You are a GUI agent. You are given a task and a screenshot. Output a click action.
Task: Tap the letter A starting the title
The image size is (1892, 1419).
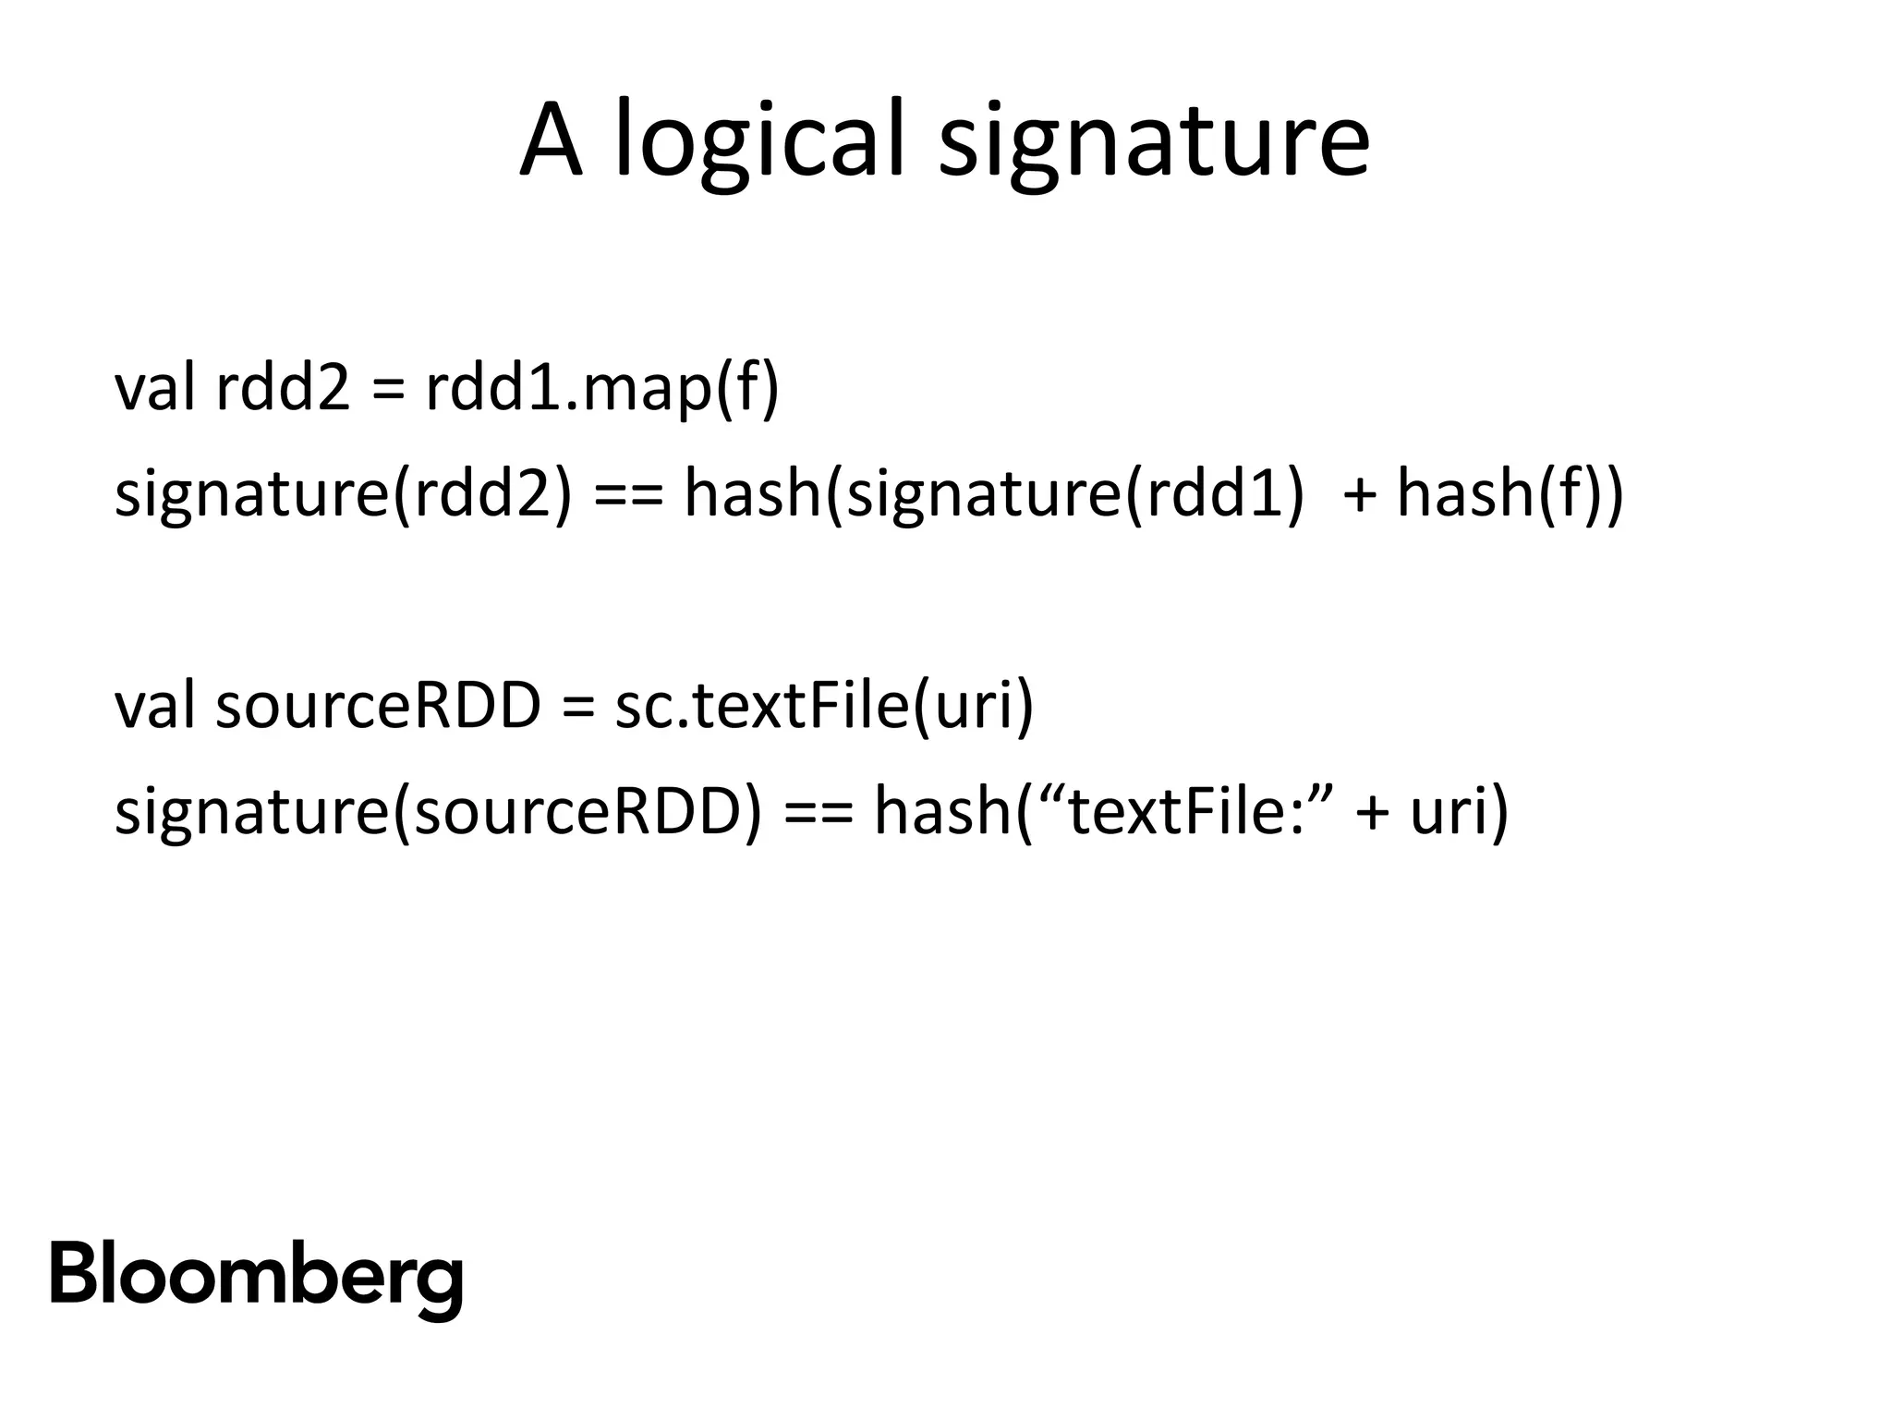click(552, 141)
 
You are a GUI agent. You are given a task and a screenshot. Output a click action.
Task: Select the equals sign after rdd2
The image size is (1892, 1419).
click(388, 389)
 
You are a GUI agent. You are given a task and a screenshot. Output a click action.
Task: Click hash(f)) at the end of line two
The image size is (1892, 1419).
click(1509, 493)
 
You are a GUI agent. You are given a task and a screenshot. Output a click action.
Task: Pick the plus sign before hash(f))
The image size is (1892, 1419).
click(1359, 495)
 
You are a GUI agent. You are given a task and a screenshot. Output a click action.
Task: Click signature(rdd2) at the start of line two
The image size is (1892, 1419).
click(343, 493)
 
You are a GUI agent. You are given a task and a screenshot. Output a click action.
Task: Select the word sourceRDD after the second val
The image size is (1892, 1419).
click(378, 706)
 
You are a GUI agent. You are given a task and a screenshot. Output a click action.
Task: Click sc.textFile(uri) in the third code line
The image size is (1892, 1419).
click(824, 706)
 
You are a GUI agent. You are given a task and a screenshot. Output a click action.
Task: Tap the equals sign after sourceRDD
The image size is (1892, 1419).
click(577, 708)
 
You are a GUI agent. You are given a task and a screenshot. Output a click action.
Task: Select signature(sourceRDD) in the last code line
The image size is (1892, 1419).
click(439, 810)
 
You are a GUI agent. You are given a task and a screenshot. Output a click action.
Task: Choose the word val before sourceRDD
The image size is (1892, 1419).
click(154, 706)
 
